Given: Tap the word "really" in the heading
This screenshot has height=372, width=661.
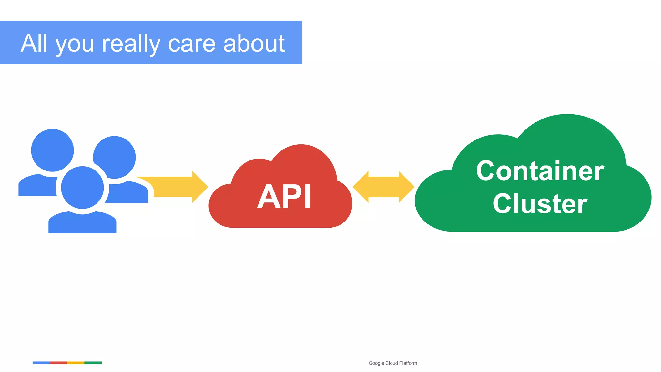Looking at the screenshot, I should point(131,44).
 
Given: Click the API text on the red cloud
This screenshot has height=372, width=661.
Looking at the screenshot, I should point(284,197).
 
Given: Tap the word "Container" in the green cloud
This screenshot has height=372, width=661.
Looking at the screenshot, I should point(540,171).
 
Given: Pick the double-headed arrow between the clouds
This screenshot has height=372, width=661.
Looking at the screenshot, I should point(383,187).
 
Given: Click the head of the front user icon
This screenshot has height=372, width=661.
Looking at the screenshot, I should point(82,188).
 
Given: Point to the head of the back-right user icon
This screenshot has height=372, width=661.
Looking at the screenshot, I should point(115,157).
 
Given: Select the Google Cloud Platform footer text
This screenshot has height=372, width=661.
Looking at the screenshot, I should point(392,363).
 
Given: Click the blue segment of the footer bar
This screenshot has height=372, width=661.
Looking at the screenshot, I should point(41,363).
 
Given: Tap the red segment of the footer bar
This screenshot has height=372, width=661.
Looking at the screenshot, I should point(58,363).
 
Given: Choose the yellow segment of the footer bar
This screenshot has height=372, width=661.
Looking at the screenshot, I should point(76,363).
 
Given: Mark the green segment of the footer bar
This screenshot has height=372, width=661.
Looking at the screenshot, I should point(93,363).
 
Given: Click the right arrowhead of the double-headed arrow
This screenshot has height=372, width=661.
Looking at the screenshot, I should point(406,187).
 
